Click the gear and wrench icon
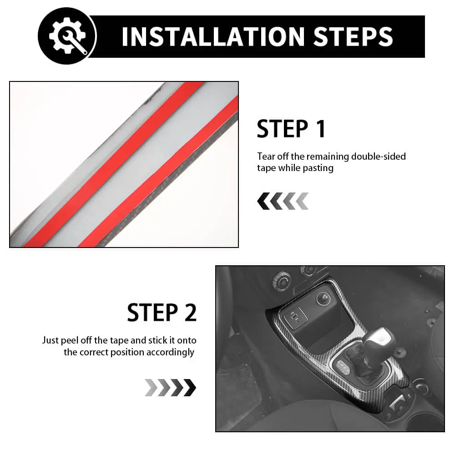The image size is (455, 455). pos(67,35)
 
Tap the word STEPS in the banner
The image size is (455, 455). pos(353,37)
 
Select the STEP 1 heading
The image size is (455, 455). pos(291,129)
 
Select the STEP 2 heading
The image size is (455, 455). pos(162,312)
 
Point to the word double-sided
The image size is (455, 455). pos(379,157)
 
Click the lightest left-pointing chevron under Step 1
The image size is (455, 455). pos(302,201)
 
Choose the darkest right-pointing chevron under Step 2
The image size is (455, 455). pos(190,388)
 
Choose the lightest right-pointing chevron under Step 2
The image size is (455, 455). pos(151,388)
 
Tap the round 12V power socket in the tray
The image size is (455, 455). pos(323,298)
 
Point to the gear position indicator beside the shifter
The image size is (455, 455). pos(344,367)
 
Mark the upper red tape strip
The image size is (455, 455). pos(114,164)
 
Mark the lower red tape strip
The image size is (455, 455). pos(158,171)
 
